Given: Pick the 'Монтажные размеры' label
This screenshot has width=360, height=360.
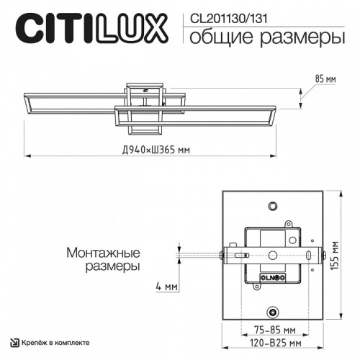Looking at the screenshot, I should click(x=103, y=259).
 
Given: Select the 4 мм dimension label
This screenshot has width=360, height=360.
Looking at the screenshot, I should click(x=166, y=287).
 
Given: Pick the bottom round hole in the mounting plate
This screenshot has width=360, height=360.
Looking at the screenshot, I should click(x=273, y=312).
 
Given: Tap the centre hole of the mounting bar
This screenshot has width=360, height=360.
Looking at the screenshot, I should click(x=273, y=255).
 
